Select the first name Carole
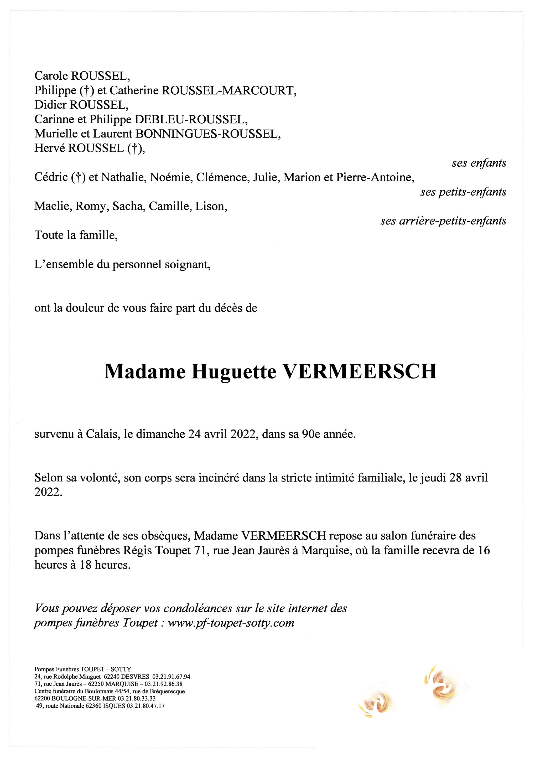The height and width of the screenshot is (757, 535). coord(51,76)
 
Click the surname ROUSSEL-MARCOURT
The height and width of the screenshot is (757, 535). coord(228,91)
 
